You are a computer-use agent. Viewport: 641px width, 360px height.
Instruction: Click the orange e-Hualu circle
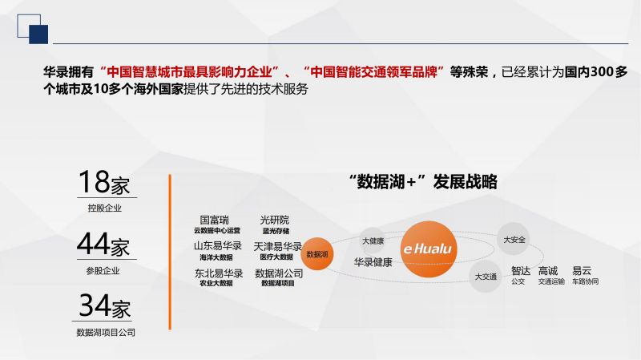[429, 249]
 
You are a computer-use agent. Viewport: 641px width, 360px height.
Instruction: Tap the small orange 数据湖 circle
[317, 254]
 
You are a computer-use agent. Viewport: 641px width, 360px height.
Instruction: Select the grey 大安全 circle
[514, 239]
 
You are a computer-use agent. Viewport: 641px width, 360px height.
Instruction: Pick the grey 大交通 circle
[486, 277]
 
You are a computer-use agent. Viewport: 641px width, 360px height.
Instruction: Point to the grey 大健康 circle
[373, 241]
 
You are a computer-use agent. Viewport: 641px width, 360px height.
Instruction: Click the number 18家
[104, 182]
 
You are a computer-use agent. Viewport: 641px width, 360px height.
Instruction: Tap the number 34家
[105, 305]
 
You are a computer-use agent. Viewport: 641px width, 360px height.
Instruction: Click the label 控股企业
[105, 208]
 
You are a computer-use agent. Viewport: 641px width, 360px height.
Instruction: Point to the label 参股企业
[103, 270]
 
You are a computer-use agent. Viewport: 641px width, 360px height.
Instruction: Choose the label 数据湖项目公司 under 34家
[106, 333]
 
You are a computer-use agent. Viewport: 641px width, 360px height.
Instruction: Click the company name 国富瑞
[215, 220]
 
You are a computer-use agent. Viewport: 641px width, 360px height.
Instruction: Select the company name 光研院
[275, 220]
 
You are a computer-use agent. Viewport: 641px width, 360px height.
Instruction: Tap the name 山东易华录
[218, 246]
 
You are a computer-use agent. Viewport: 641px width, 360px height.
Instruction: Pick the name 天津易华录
[277, 247]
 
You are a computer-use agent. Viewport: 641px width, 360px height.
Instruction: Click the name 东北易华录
[219, 273]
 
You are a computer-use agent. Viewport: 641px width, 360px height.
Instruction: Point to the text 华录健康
[373, 262]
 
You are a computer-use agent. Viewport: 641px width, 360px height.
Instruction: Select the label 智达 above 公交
[521, 271]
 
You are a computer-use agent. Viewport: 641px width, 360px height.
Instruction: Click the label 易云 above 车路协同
[582, 270]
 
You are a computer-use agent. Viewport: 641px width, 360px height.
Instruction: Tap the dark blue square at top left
[38, 34]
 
